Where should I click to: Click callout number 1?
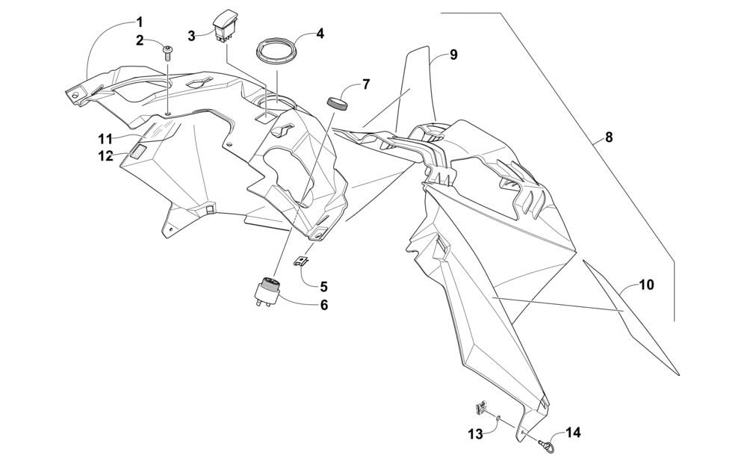[140, 22]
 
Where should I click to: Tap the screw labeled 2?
[168, 52]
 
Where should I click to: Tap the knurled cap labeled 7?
[338, 102]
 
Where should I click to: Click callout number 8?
[609, 137]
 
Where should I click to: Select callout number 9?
[453, 55]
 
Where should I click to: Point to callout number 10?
[646, 285]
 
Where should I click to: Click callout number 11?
[105, 138]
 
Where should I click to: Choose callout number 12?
[105, 155]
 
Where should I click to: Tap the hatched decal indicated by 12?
[139, 152]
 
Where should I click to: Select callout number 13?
[476, 434]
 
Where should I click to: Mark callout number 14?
[573, 432]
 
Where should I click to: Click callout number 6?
[323, 305]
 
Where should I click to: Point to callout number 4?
[320, 34]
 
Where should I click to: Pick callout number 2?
[140, 40]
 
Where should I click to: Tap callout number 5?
[323, 286]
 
